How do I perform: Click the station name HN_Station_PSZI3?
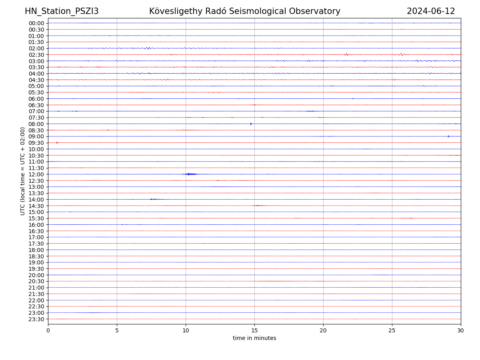62,12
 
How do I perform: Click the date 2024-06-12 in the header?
431,12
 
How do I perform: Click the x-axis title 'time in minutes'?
254,338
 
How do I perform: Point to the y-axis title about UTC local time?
23,171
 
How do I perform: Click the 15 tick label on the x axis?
254,331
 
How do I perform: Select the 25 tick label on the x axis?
392,331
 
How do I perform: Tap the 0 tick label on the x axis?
48,331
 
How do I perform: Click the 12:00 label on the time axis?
36,174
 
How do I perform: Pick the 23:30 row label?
36,319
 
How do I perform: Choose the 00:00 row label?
36,23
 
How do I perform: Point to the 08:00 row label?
36,124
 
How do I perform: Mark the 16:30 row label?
36,231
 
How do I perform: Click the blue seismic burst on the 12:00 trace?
189,174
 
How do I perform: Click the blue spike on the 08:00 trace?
251,124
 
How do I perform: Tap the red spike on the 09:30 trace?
57,143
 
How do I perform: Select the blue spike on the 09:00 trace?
448,136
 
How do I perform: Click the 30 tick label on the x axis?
461,331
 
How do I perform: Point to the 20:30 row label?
36,282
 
